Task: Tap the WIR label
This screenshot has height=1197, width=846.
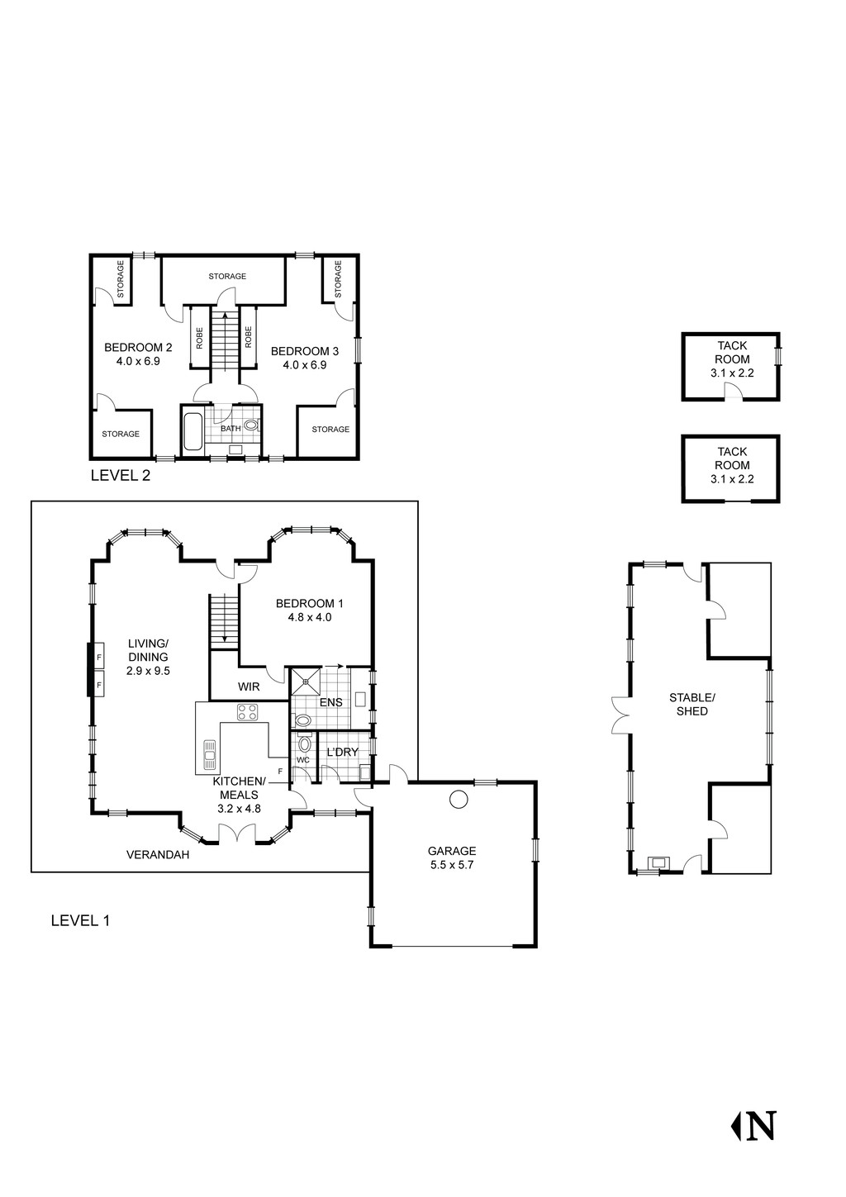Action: coord(249,686)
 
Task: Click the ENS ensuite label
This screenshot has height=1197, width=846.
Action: coord(330,702)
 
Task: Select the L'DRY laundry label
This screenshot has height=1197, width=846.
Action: coord(342,752)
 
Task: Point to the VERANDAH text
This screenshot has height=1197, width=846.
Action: coord(158,855)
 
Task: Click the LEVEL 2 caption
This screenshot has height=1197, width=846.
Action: coord(120,476)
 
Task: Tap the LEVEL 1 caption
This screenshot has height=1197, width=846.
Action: coord(80,920)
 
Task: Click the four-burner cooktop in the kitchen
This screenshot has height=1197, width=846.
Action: coord(248,711)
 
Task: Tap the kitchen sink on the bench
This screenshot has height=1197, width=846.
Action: coord(210,750)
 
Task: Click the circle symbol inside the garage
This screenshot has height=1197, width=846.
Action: coord(459,799)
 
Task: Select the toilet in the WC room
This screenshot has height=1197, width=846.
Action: coord(304,744)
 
